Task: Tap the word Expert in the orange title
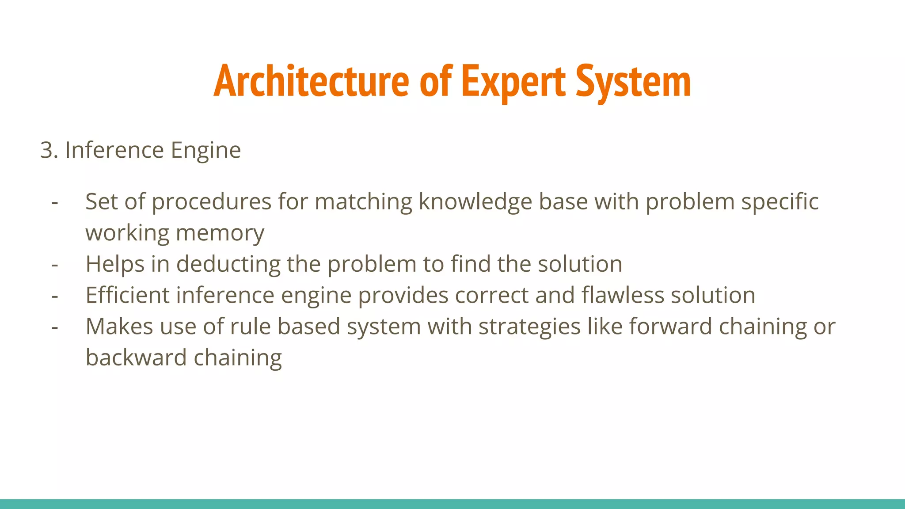tap(513, 82)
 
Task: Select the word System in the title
tap(633, 82)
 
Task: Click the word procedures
tap(211, 202)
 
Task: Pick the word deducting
tap(228, 264)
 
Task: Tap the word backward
tap(136, 357)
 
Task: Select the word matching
tap(363, 202)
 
